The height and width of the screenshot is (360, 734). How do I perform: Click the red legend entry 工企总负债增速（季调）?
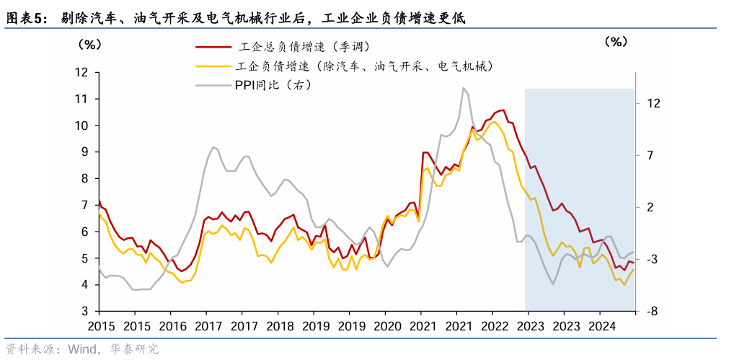(x=304, y=48)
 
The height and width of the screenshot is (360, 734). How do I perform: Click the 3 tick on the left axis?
(x=84, y=311)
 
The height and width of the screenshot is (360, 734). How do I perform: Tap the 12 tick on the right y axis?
(x=653, y=104)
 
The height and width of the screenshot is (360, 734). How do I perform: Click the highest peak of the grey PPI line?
(x=463, y=88)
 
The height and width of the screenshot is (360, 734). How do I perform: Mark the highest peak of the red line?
(x=503, y=110)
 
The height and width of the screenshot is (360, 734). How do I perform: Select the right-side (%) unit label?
(x=616, y=41)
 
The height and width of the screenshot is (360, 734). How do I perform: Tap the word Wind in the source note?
(x=83, y=350)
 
